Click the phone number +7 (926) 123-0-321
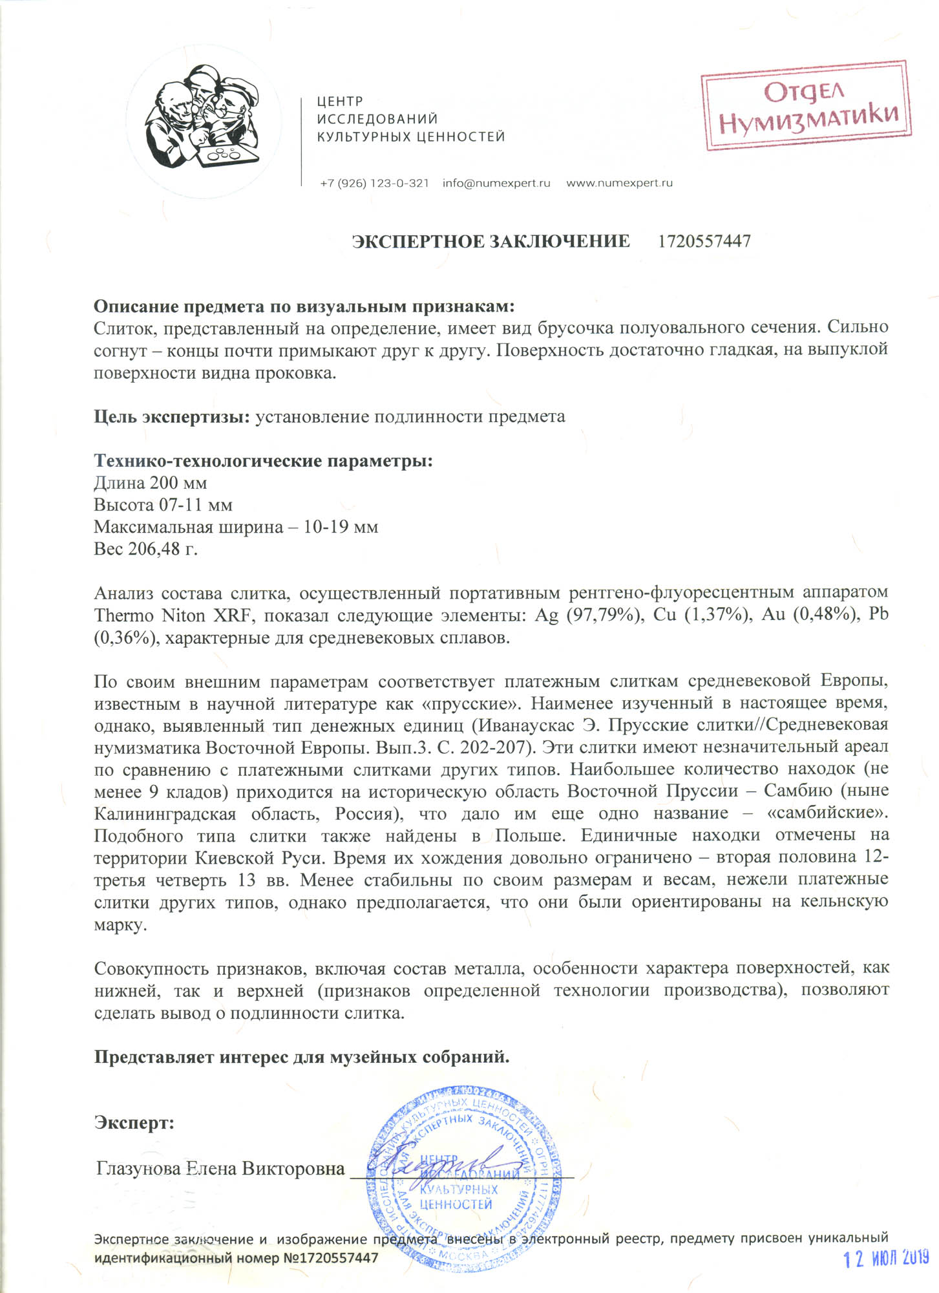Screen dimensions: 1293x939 [374, 183]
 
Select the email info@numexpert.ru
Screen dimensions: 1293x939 [496, 183]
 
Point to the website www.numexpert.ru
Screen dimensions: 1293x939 [619, 183]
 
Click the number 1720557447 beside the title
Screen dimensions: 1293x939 [704, 242]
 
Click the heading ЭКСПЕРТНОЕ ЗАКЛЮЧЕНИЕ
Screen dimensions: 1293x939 [491, 242]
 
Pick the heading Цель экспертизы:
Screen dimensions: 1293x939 [172, 416]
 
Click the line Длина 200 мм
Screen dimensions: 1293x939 [150, 483]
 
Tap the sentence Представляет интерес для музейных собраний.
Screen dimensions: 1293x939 [302, 1057]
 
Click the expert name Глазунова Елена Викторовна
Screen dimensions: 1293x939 [220, 1169]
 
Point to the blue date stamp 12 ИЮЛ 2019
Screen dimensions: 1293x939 [886, 1258]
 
